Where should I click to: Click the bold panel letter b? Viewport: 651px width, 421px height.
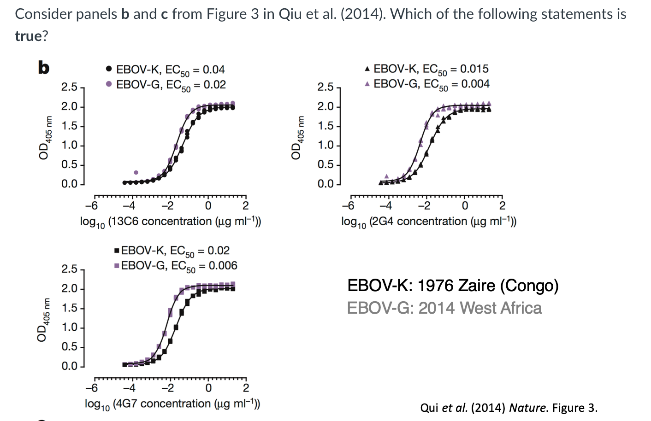click(43, 68)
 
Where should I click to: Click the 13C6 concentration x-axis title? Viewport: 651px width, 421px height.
click(170, 222)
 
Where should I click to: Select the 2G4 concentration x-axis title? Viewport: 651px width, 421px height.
click(428, 222)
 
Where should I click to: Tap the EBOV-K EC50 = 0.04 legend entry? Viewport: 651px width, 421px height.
click(166, 70)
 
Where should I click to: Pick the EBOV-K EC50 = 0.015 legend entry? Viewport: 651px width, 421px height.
click(426, 69)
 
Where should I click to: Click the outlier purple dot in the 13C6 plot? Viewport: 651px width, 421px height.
click(136, 172)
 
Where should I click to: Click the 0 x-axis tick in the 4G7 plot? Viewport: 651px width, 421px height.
click(208, 388)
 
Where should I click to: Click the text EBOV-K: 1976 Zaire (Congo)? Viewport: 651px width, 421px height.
click(452, 286)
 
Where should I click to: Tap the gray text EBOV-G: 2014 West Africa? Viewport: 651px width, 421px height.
click(444, 308)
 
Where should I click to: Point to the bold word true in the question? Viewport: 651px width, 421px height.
click(29, 36)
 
